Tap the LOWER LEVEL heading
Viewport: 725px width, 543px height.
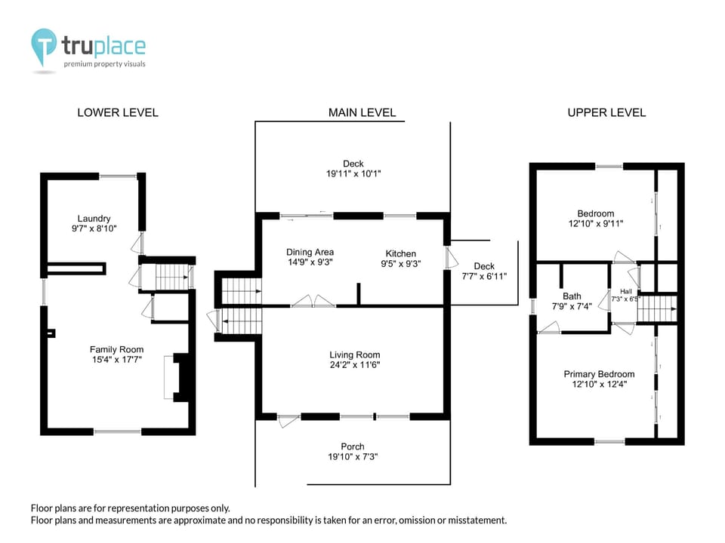118,112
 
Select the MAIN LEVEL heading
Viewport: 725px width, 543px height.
362,112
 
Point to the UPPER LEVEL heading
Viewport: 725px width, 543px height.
606,112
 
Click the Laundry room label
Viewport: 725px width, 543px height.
94,219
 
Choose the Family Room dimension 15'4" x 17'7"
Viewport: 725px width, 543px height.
116,360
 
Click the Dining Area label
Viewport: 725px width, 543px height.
310,252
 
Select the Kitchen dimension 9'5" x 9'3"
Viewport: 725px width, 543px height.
401,264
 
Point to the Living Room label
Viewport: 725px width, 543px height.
354,354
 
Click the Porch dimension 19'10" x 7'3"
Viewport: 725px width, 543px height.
353,457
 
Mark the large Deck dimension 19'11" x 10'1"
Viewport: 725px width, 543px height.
353,173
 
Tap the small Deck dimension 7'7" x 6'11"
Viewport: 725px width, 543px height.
484,276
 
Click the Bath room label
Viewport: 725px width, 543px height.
572,296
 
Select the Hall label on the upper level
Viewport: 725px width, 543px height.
625,291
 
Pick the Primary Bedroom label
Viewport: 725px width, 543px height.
599,374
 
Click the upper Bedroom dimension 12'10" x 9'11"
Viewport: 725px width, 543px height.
595,224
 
